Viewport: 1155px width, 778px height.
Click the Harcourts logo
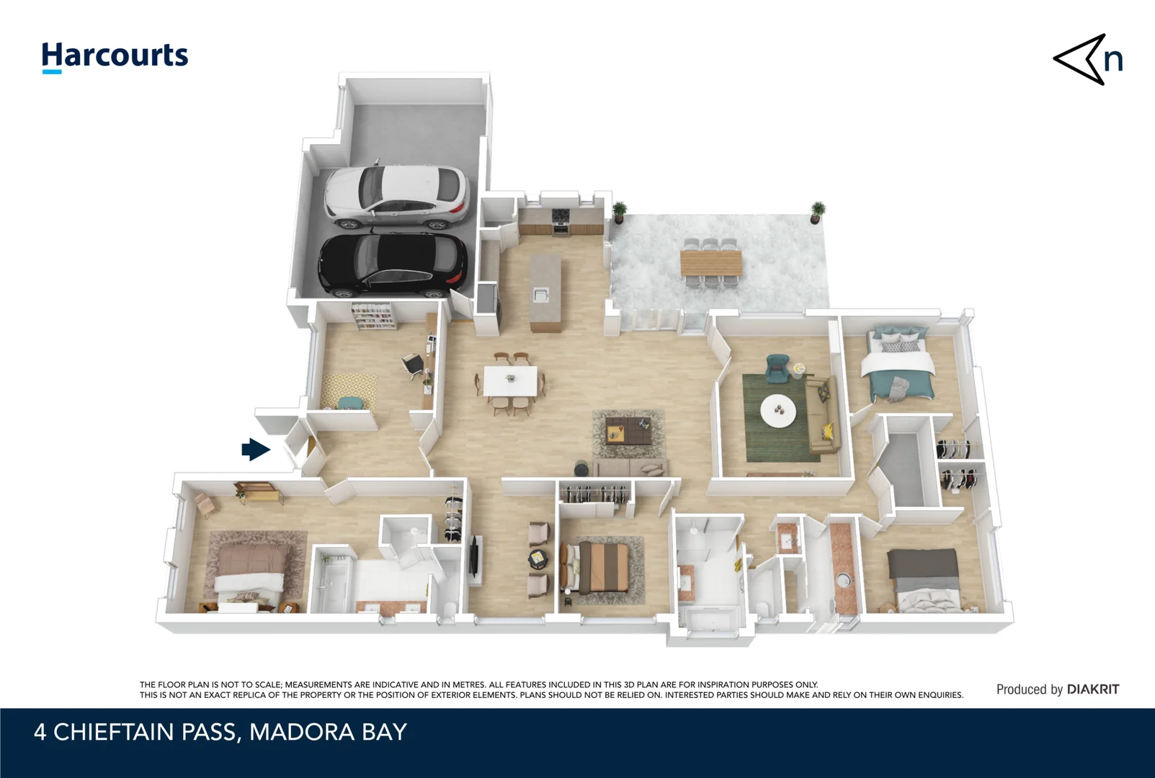(115, 56)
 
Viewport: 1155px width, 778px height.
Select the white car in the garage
(396, 194)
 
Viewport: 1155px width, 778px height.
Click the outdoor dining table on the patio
(711, 262)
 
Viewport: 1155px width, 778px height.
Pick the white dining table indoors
(510, 380)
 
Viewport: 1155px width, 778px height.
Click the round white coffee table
(778, 411)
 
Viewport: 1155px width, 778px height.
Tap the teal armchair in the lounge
(777, 368)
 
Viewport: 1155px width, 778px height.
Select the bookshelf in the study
(373, 316)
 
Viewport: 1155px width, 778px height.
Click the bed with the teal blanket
(901, 367)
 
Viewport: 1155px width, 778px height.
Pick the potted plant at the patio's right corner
(817, 211)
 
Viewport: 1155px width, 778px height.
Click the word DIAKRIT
(1092, 689)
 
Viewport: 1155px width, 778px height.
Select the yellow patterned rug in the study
(349, 390)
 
